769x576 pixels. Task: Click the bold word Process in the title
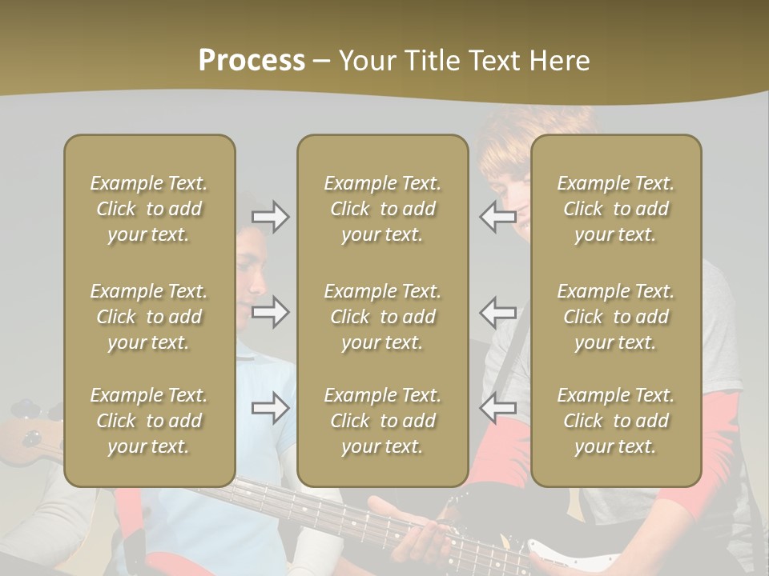252,61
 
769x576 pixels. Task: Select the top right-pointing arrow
271,217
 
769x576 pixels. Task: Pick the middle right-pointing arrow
271,311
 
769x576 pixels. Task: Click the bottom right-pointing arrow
271,409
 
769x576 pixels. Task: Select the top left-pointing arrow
497,217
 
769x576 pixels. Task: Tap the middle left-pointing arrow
497,311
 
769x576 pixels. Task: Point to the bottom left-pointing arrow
497,409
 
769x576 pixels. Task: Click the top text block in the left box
149,209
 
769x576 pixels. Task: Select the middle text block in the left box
149,317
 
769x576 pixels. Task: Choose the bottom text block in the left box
149,421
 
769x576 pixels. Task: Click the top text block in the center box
382,209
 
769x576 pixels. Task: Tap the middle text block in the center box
382,317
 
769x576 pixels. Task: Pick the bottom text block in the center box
382,421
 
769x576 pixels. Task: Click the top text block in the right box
615,209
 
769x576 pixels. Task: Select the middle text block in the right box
615,317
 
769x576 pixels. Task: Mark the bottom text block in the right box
615,421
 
